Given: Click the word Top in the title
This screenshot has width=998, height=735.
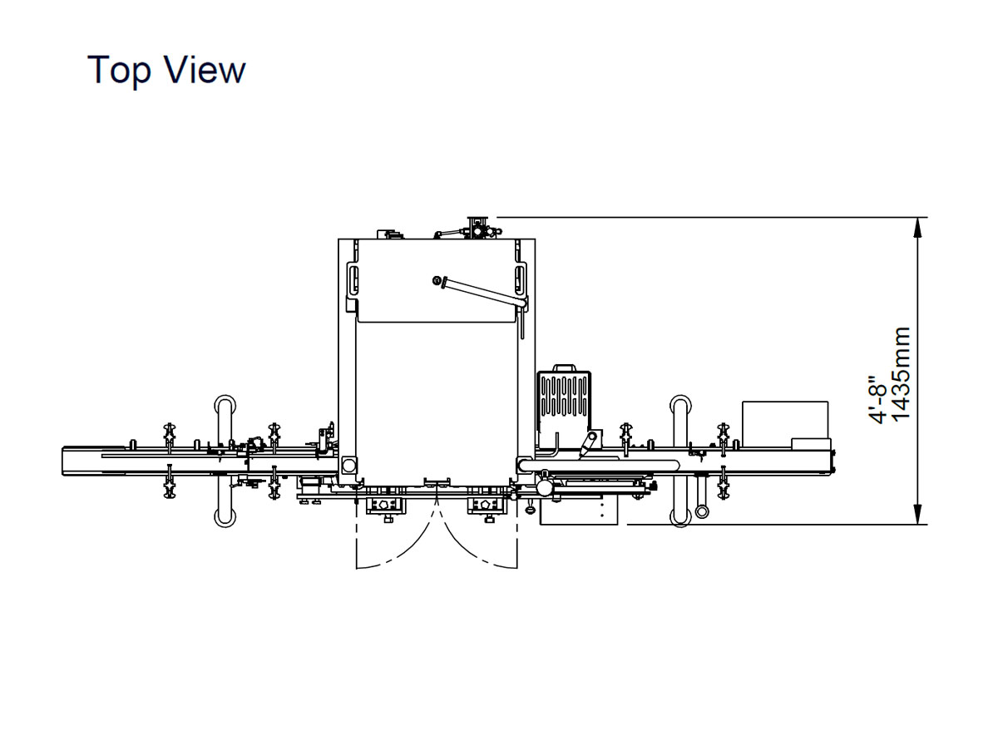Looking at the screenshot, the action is pyautogui.click(x=119, y=70).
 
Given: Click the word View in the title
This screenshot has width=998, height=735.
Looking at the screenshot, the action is pyautogui.click(x=205, y=69).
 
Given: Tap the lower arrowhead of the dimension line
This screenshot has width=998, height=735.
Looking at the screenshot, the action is pyautogui.click(x=917, y=514).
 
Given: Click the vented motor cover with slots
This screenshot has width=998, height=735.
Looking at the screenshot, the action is pyautogui.click(x=564, y=397).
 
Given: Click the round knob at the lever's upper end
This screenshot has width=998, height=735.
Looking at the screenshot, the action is pyautogui.click(x=437, y=280).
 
